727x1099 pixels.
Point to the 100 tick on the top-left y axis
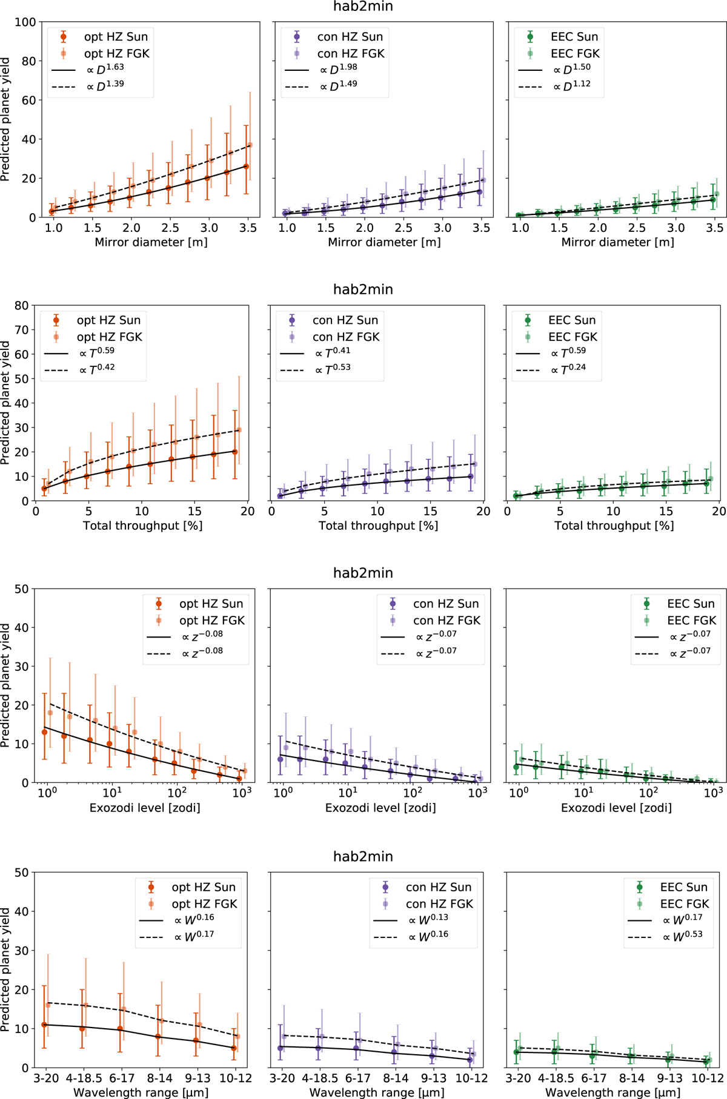[25, 22]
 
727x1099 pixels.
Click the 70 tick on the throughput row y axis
[22, 330]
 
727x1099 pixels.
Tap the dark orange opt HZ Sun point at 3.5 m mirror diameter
[246, 167]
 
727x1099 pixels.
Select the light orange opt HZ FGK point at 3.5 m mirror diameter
[250, 145]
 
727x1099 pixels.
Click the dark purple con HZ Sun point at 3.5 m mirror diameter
[479, 192]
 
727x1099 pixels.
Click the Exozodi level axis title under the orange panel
[145, 808]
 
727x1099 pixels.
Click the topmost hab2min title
[363, 7]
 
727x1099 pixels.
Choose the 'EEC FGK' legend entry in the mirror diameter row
[574, 53]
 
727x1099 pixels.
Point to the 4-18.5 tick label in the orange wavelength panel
[84, 1078]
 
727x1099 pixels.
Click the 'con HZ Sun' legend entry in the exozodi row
[446, 604]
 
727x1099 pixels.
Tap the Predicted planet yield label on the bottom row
[6, 969]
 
